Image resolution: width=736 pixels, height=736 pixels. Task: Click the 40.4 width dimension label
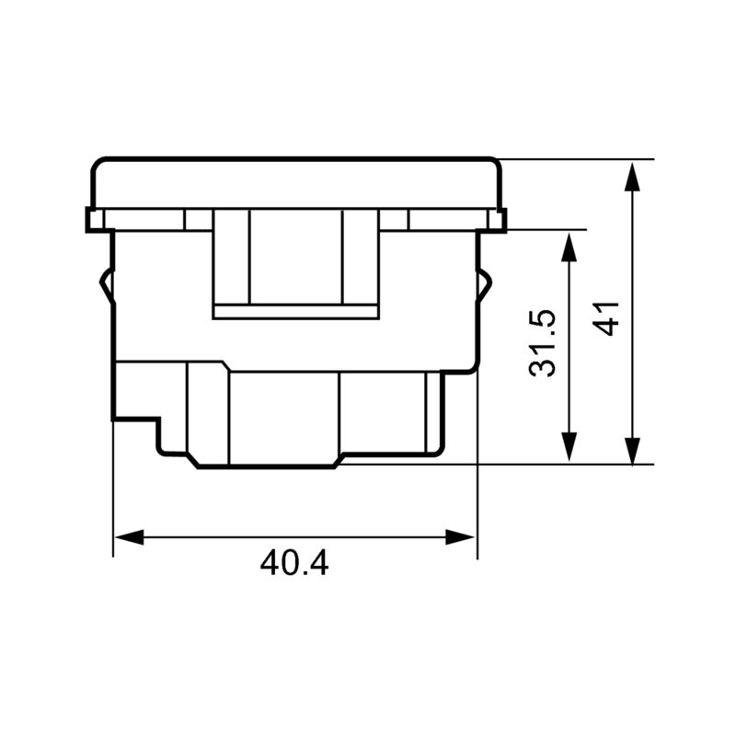coord(294,563)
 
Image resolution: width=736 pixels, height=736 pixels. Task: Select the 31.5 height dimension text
coord(542,343)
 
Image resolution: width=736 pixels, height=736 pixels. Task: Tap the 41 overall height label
coord(606,318)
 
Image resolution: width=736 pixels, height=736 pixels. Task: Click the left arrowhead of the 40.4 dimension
coord(129,537)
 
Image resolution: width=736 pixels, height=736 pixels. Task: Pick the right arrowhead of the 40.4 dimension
coord(460,537)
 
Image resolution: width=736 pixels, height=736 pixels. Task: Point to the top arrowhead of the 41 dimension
coord(632,177)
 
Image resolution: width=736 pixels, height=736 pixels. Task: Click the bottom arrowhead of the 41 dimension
coord(632,451)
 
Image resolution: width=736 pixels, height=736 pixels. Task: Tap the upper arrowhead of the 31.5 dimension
coord(569,247)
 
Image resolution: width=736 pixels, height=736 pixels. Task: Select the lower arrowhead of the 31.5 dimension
coord(569,447)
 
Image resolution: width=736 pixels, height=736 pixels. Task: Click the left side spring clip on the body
coord(106,285)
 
